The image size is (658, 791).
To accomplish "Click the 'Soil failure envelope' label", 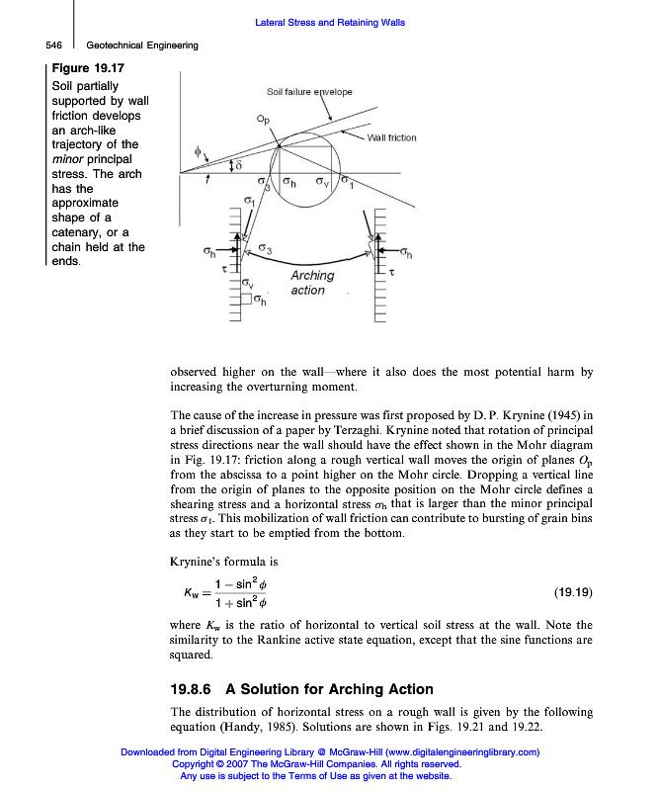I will point(309,92).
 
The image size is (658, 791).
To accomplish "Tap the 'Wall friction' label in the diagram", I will point(392,137).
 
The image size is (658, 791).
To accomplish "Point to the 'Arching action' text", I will point(311,283).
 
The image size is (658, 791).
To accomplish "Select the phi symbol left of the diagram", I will point(196,151).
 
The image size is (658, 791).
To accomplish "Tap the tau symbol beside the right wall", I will point(393,270).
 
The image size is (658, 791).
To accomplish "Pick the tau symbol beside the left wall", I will point(223,268).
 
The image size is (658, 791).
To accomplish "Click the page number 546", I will point(54,45).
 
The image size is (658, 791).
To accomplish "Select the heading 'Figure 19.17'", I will point(87,68).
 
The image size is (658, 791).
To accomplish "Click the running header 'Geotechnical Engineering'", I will point(142,45).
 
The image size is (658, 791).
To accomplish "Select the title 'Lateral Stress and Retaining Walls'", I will point(330,23).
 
